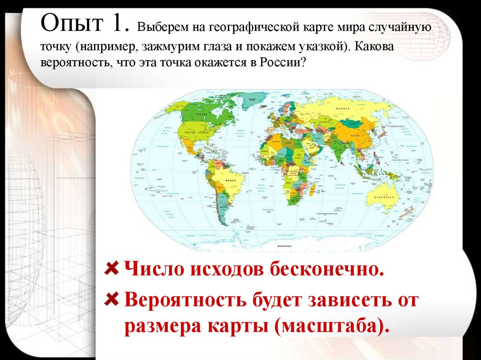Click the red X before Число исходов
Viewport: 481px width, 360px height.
[x=111, y=269]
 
